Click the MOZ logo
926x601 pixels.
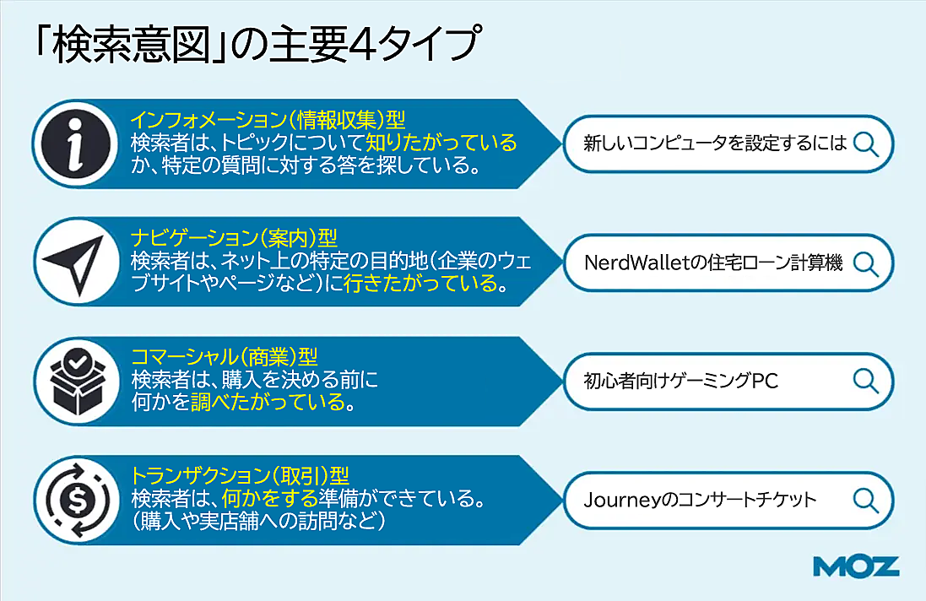pos(856,566)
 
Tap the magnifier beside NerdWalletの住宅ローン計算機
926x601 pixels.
pos(866,263)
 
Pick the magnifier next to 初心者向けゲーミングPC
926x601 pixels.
pos(866,381)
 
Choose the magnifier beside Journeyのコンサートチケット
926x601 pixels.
pos(866,499)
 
